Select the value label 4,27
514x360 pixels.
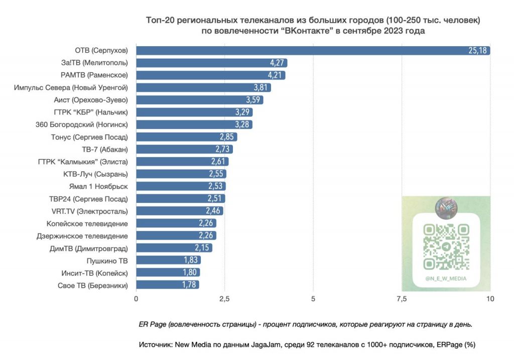click(277, 63)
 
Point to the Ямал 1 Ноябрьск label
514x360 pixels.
click(100, 186)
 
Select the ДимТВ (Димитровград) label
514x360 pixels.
click(88, 248)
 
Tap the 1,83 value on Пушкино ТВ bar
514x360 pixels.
click(191, 260)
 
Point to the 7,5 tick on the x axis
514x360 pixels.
click(402, 299)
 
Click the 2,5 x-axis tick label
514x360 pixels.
click(224, 299)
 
